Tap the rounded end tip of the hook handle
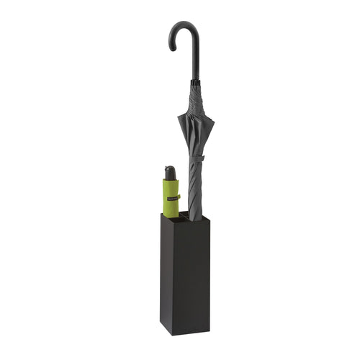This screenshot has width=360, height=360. pyautogui.click(x=172, y=48)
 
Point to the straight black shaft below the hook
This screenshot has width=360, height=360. pyautogui.click(x=195, y=65)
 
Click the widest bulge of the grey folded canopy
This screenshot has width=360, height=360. pyautogui.click(x=194, y=126)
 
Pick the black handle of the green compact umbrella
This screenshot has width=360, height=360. pyautogui.click(x=170, y=173)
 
